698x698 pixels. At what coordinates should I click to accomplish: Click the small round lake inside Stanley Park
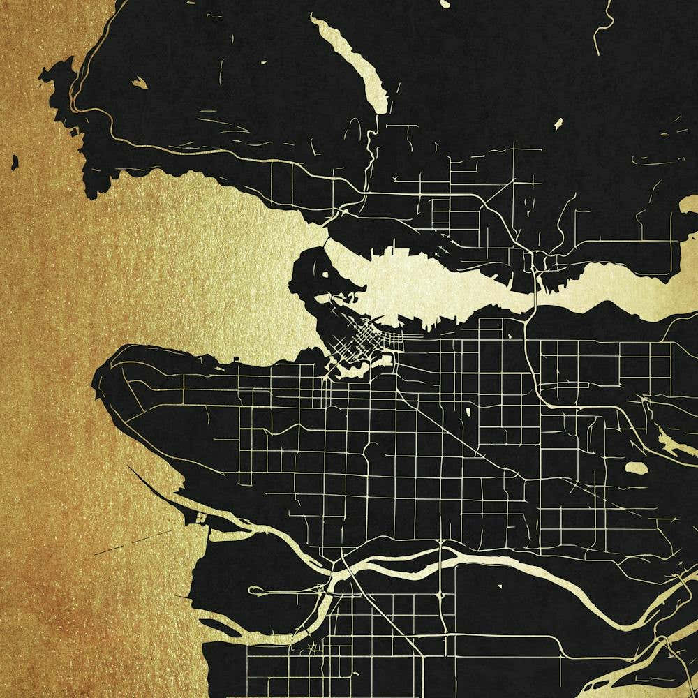point(326,272)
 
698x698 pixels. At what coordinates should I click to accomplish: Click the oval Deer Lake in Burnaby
point(635,468)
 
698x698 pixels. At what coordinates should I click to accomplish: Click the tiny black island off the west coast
point(14,163)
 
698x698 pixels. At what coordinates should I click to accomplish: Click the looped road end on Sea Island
point(255,591)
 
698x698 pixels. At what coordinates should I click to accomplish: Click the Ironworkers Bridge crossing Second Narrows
point(533,286)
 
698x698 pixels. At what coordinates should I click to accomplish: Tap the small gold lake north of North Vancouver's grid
point(558,124)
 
